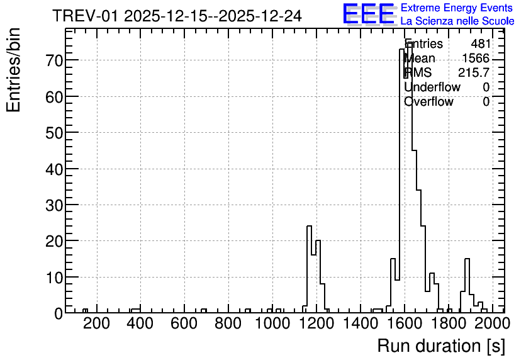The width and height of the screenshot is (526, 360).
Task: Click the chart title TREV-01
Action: (86, 16)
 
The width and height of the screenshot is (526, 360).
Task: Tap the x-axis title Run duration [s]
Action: (441, 346)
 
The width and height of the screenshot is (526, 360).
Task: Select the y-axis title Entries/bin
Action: (13, 70)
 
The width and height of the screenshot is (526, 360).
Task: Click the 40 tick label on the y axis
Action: (53, 169)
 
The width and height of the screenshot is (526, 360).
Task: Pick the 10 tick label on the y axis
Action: (53, 278)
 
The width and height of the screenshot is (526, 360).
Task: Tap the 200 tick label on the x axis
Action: (97, 323)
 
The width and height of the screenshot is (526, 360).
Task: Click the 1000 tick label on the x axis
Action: (272, 323)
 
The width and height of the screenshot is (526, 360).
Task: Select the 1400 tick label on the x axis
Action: (361, 323)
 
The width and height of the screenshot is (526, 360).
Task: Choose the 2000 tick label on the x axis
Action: (493, 323)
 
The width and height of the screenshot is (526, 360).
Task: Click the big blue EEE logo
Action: (369, 14)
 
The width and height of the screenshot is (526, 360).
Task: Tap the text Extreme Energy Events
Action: (457, 8)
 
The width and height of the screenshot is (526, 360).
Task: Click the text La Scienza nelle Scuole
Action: (457, 21)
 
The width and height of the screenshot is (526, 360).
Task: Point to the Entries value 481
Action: (481, 44)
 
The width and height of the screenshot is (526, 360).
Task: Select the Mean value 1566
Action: (476, 59)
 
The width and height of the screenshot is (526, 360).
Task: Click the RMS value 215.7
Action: (474, 72)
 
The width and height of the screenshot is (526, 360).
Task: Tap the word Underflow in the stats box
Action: (432, 87)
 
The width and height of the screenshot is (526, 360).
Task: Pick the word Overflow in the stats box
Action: (428, 101)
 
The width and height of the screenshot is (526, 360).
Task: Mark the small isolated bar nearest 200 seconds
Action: (85, 311)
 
